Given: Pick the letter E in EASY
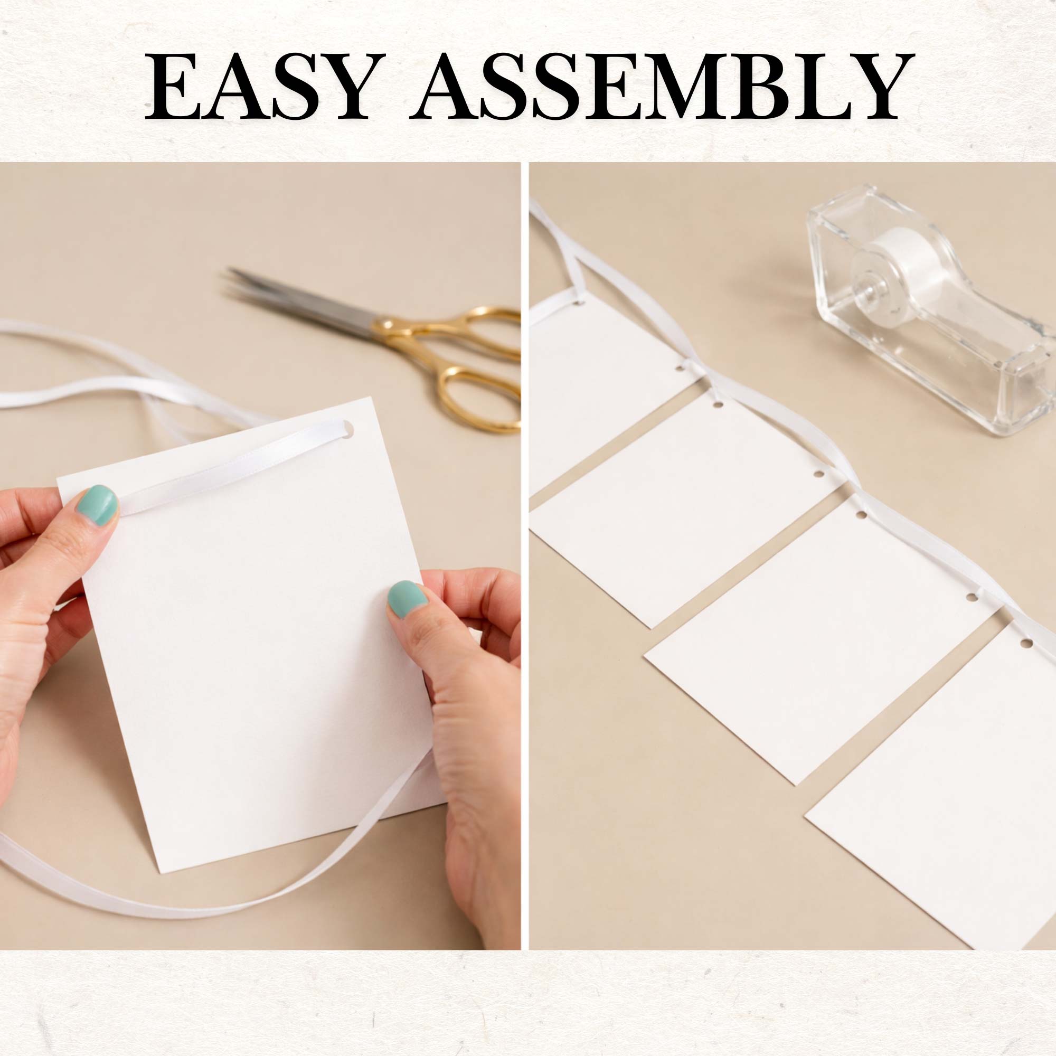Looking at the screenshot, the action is [x=173, y=87].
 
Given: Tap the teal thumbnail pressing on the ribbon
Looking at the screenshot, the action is [x=97, y=505].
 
